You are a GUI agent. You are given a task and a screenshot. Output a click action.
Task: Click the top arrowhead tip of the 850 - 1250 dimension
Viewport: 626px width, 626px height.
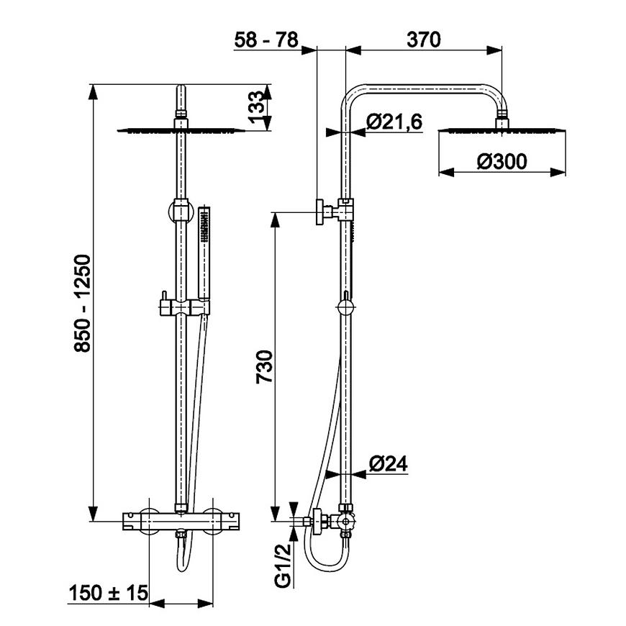point(93,85)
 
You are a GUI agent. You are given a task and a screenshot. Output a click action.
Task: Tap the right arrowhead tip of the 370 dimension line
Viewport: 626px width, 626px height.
point(502,50)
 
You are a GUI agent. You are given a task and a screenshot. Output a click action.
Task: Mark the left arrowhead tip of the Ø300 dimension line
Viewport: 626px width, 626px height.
point(439,172)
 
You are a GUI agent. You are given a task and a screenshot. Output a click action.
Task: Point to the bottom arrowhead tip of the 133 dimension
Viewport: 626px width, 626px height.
point(266,130)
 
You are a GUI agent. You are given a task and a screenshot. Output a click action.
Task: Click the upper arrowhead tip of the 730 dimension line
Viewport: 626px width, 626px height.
point(275,212)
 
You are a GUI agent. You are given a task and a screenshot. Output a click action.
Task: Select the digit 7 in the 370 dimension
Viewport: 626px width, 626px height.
point(424,40)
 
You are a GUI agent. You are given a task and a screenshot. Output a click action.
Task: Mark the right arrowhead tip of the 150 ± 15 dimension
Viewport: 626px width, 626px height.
point(213,603)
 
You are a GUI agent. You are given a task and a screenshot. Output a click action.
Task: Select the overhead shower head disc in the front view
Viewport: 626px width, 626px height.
point(181,130)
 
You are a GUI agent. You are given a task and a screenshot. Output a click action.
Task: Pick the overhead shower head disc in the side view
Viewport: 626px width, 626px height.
point(502,130)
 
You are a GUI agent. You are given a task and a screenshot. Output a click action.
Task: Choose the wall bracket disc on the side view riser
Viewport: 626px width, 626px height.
point(320,212)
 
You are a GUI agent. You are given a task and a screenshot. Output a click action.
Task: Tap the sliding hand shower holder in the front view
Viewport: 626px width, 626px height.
point(184,308)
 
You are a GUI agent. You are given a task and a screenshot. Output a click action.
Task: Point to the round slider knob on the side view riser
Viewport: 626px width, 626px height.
point(345,308)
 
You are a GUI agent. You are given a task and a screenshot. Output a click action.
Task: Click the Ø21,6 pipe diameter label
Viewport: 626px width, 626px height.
point(394,122)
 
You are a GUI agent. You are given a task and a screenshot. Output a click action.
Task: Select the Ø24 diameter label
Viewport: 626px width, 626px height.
point(388,463)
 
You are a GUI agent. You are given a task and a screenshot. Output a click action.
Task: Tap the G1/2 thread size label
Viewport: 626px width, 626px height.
point(283,566)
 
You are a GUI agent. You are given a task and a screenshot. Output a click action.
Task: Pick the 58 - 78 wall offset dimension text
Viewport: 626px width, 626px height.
point(266,40)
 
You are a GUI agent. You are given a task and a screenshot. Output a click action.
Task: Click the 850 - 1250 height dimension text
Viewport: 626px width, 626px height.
point(83,304)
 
